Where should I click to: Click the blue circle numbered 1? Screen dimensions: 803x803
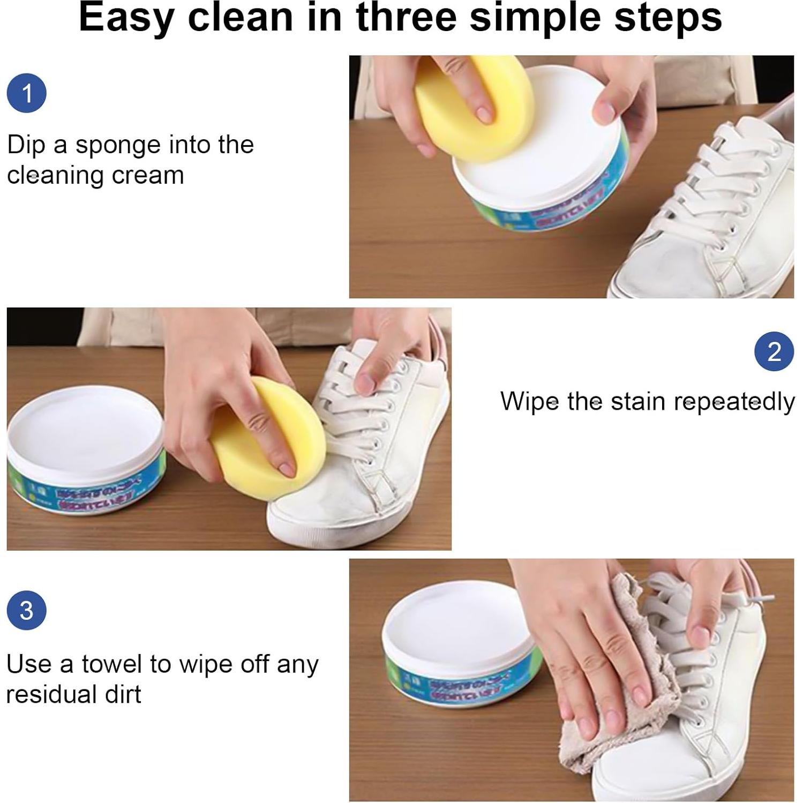[x=27, y=93]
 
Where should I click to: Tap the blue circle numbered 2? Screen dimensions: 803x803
[x=774, y=351]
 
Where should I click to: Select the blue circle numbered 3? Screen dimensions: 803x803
[x=26, y=610]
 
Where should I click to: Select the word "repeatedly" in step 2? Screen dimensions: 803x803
[x=734, y=402]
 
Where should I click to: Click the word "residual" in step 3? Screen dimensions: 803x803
[x=48, y=694]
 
